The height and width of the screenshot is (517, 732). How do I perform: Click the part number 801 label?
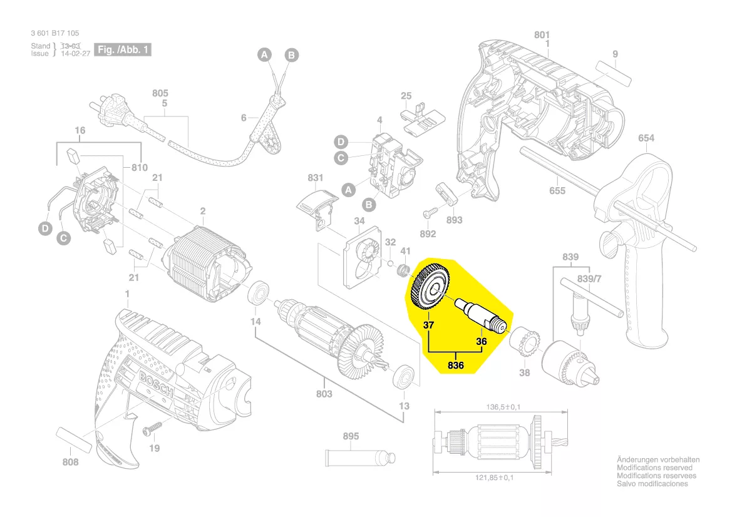point(542,34)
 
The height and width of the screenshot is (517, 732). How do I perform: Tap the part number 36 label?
point(481,342)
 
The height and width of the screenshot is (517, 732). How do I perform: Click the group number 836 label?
point(456,365)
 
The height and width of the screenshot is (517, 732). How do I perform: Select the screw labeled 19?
point(152,431)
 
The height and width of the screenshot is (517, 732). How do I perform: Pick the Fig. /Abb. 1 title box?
point(122,49)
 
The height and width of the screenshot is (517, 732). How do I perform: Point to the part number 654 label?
point(646,138)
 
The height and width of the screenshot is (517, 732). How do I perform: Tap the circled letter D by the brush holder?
point(45,229)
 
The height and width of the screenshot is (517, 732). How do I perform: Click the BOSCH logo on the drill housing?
point(155,382)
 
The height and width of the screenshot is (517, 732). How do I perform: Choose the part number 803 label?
point(324,394)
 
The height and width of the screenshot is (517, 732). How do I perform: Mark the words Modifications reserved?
point(654,468)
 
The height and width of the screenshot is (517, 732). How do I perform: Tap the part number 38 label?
point(524,373)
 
